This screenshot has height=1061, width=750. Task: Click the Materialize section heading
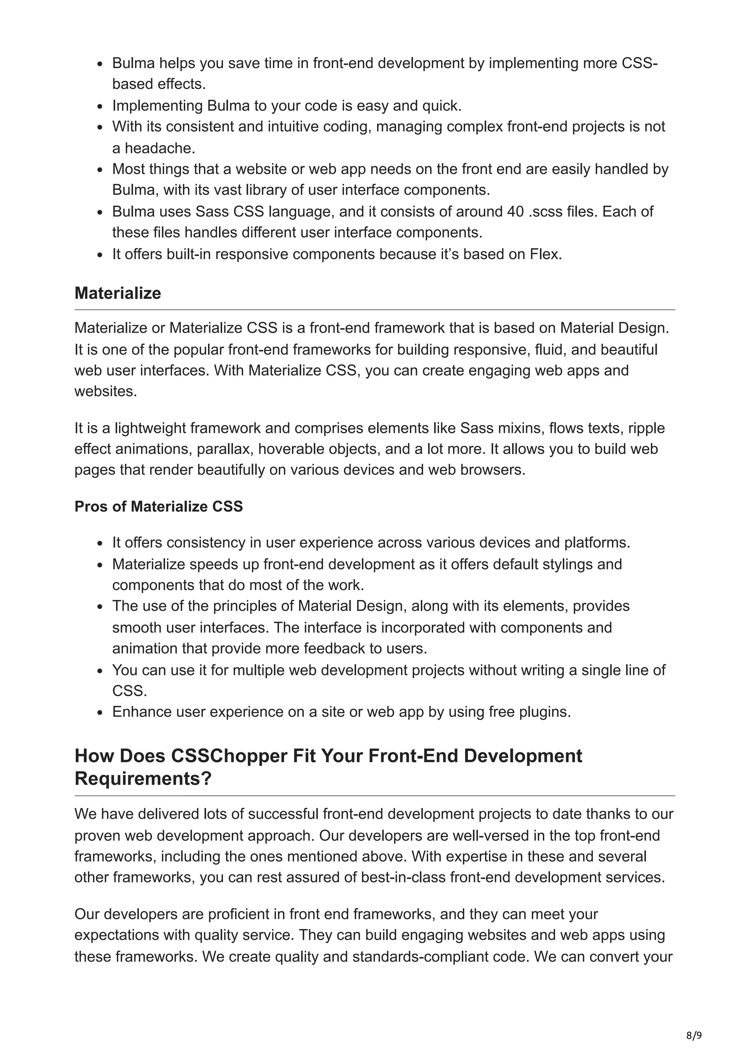click(x=118, y=293)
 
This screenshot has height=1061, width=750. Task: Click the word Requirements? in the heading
click(x=143, y=779)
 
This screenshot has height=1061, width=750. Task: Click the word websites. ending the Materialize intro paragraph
click(x=106, y=391)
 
